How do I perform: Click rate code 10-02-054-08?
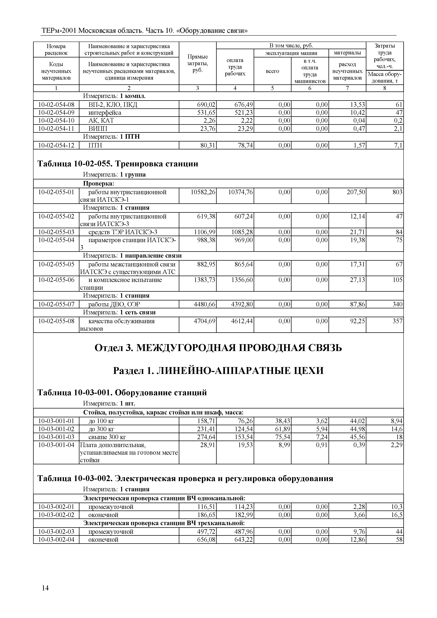(x=56, y=105)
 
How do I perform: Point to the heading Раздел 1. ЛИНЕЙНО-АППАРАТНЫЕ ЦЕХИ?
(x=218, y=371)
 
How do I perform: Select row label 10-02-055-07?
(x=56, y=305)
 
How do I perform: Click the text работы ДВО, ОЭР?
(x=114, y=305)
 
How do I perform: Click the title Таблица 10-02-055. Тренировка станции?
(x=118, y=164)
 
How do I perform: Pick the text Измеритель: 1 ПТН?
(x=111, y=137)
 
